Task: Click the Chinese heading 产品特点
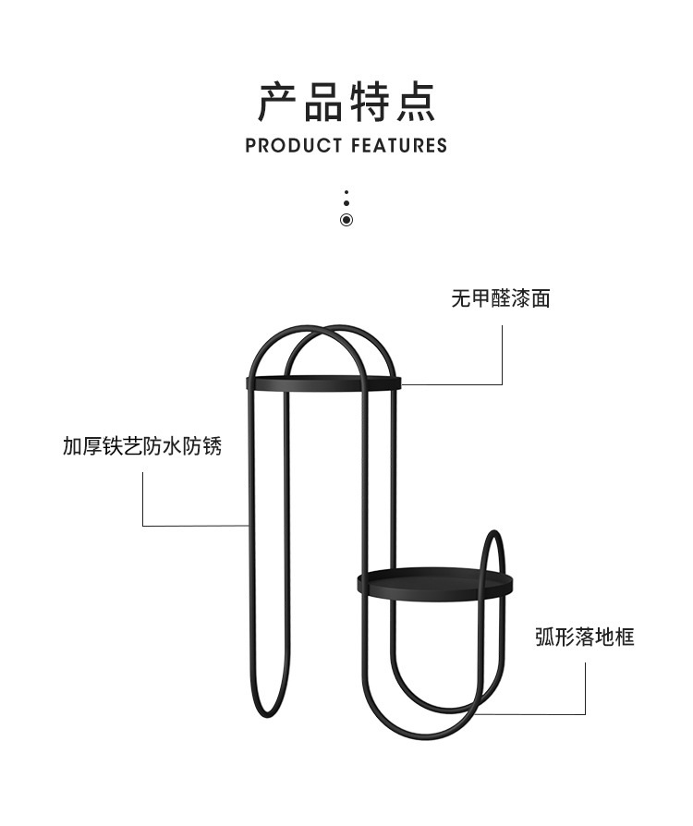pos(346,102)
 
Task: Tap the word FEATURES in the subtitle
pos(398,146)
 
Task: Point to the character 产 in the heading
pos(279,102)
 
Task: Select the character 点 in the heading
pos(415,102)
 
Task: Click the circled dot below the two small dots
pos(346,220)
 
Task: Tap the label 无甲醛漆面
pos(501,299)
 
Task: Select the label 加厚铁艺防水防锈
pos(142,447)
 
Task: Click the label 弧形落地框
pos(585,637)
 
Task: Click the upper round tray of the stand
pos(323,382)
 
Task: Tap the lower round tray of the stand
pos(434,582)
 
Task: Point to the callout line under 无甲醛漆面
pos(502,351)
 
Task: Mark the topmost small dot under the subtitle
pos(346,194)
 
